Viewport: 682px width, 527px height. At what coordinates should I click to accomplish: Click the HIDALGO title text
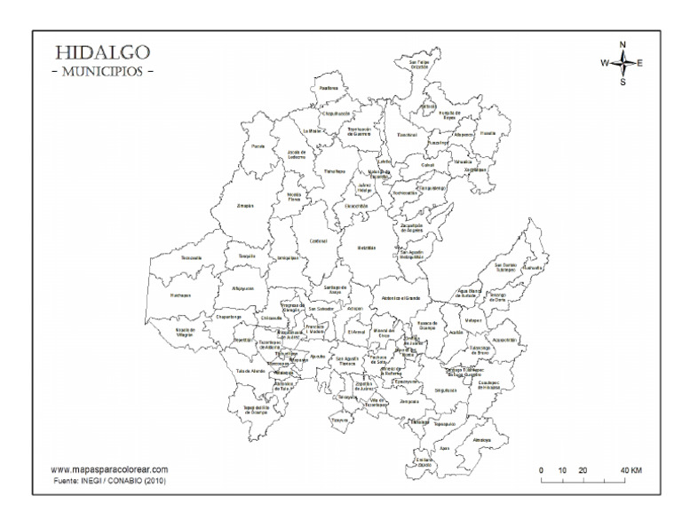[102, 53]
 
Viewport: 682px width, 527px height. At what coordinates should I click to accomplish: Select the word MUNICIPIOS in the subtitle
[103, 71]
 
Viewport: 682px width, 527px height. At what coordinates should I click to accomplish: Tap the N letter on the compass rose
[623, 44]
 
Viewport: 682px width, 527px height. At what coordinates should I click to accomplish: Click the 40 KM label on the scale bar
[630, 469]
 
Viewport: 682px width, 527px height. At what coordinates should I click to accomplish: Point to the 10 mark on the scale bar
[562, 469]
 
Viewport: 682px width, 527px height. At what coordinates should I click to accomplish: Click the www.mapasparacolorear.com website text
[109, 469]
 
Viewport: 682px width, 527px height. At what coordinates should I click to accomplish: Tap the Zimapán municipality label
[245, 206]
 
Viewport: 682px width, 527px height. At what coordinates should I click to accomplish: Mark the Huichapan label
[181, 295]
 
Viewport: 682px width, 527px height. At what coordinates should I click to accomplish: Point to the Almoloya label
[482, 439]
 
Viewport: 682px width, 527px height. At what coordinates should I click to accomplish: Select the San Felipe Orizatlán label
[419, 64]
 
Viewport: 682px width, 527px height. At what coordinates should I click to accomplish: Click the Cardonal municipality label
[319, 240]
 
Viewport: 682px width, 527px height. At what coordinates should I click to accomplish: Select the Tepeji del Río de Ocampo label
[256, 411]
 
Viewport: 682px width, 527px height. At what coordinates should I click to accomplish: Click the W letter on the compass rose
[605, 62]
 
